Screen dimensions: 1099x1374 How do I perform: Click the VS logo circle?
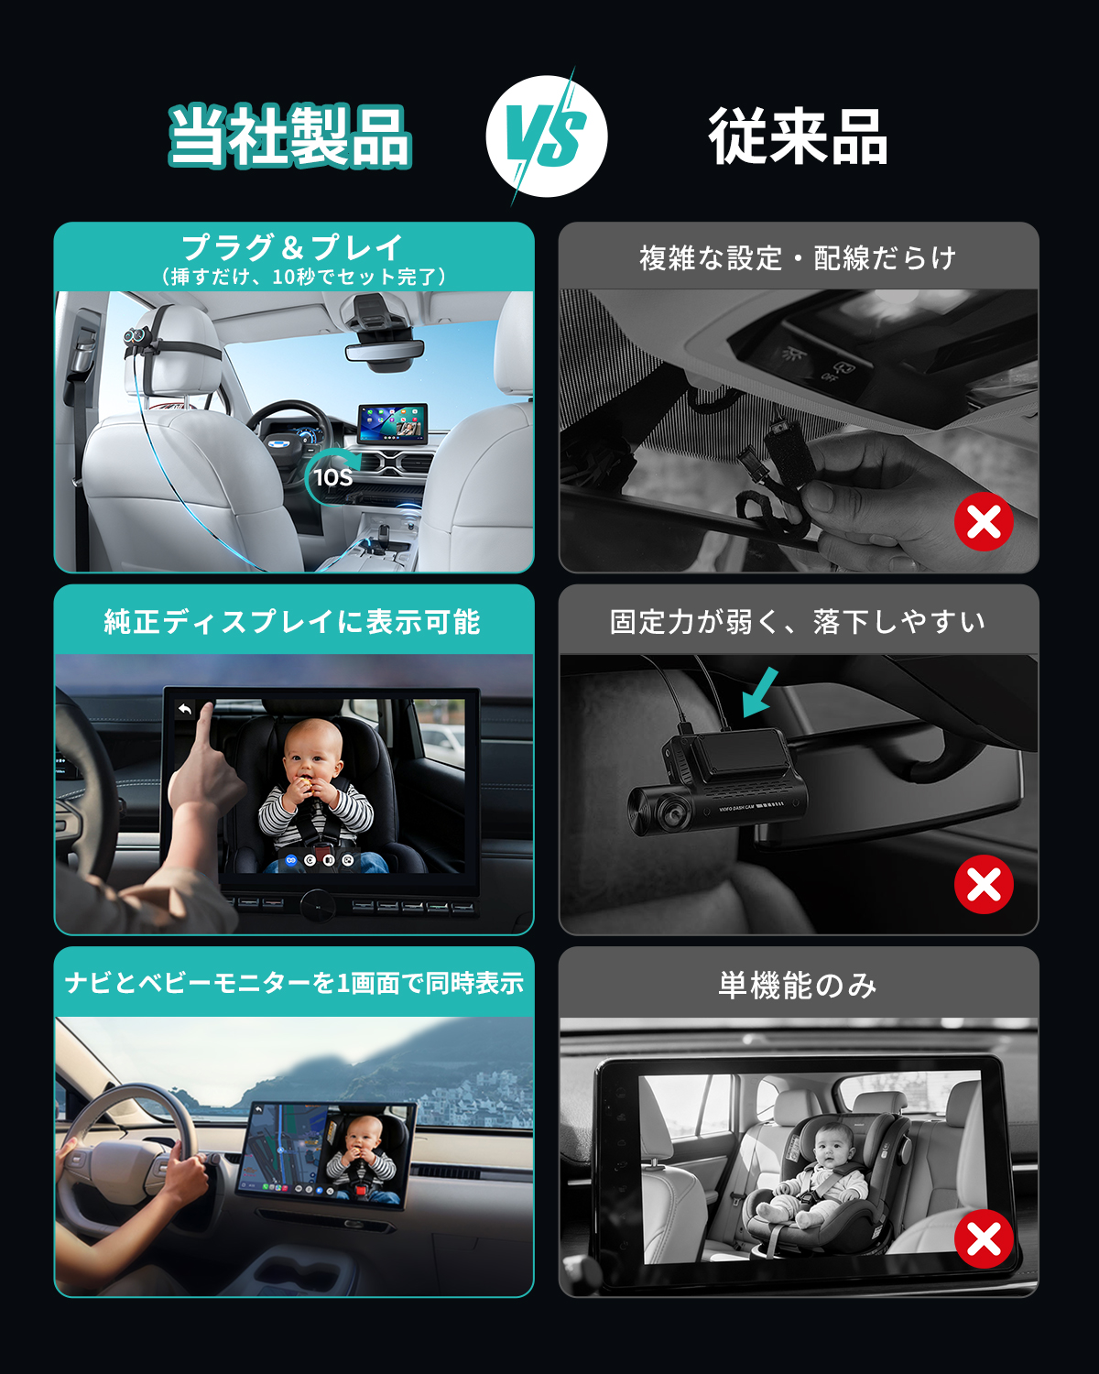point(546,136)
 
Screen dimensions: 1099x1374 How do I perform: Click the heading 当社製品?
point(290,136)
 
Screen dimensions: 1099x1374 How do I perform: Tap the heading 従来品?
point(799,136)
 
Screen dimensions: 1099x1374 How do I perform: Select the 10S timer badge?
point(332,477)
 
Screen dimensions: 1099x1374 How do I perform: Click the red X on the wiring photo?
point(984,521)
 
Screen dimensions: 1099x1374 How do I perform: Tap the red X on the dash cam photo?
point(984,884)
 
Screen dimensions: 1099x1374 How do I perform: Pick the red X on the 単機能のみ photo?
point(984,1238)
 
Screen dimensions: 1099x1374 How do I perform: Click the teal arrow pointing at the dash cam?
point(760,692)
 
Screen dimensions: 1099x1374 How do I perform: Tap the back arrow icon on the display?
point(185,709)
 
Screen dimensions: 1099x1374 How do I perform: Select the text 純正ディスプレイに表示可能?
point(292,621)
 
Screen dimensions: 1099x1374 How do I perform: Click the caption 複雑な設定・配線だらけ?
point(799,258)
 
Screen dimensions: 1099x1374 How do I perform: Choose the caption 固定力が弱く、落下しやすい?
point(799,621)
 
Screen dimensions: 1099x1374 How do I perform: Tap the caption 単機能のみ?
point(799,985)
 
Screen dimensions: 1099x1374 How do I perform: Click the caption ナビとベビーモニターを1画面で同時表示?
point(294,983)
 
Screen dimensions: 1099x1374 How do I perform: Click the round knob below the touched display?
point(318,905)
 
